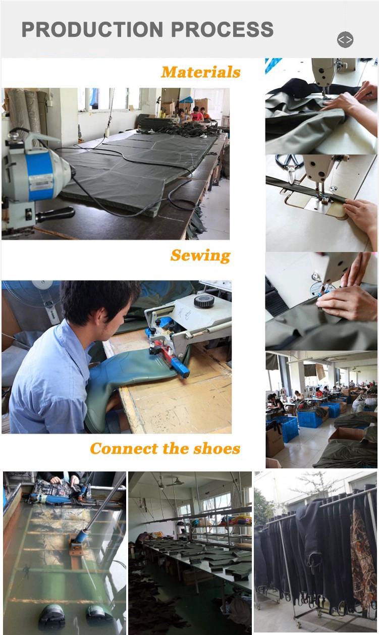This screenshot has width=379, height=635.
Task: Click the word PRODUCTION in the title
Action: [x=92, y=29]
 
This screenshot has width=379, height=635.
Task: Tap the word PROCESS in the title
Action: [x=222, y=29]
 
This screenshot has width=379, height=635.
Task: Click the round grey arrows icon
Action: [x=345, y=39]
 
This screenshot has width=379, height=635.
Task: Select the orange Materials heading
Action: [x=201, y=72]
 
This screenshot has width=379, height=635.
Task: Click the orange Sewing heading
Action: [x=200, y=255]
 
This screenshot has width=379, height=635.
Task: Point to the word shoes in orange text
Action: [x=217, y=448]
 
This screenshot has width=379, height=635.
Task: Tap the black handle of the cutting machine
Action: [x=56, y=214]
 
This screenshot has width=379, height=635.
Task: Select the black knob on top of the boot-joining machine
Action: [x=204, y=301]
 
